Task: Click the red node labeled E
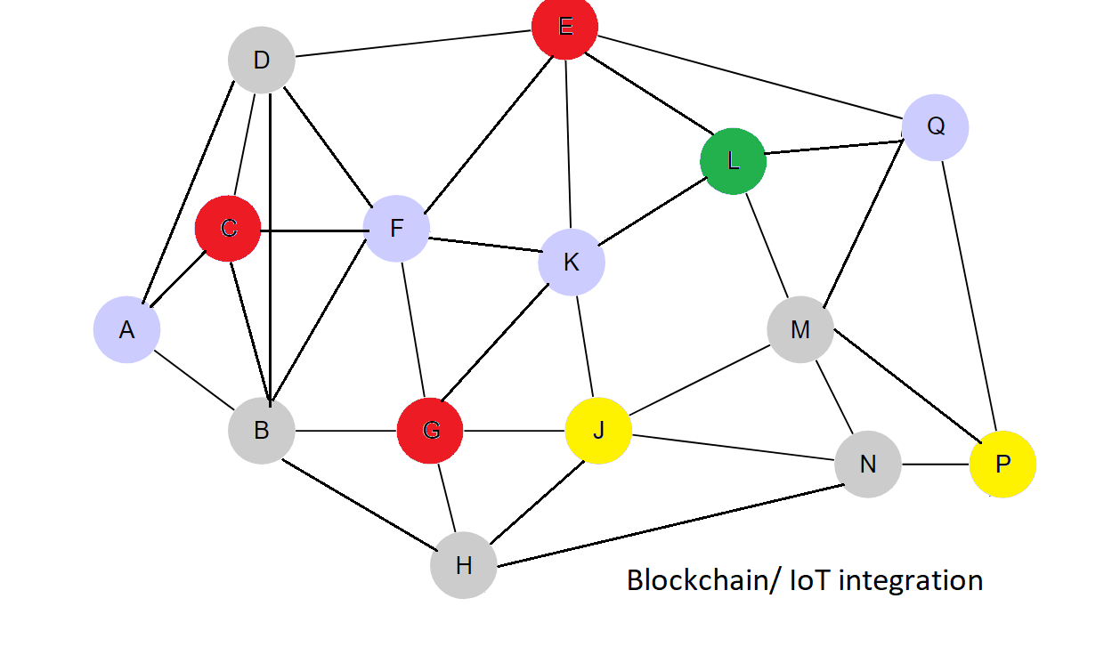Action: click(564, 27)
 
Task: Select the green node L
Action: click(733, 161)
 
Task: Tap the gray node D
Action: click(261, 61)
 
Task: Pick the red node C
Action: click(228, 229)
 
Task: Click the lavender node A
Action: click(126, 330)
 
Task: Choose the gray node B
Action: click(261, 431)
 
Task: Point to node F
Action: click(396, 229)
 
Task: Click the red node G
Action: click(430, 431)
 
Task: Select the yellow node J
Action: click(598, 431)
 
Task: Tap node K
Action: click(572, 263)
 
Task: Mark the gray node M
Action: click(800, 330)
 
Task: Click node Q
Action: click(935, 127)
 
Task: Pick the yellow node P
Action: click(1002, 464)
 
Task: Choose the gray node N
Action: click(868, 464)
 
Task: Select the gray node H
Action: click(463, 565)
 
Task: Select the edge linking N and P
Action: click(935, 464)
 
